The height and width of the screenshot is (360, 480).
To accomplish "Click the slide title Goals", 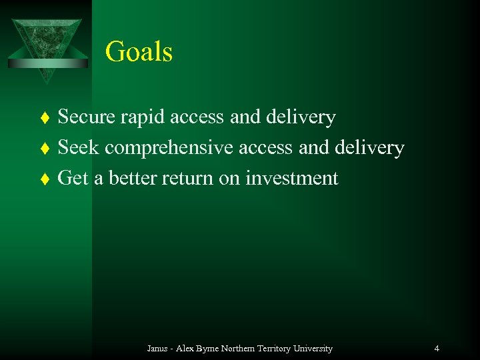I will coord(139,52).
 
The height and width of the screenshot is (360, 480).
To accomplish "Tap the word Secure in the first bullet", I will coord(87,117).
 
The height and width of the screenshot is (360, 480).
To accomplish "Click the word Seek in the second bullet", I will coord(78,147).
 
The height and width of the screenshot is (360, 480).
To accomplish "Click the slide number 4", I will coord(436,349).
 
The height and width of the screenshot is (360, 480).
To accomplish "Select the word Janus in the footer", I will coord(158,349).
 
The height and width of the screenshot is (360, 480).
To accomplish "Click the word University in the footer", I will coord(311,349).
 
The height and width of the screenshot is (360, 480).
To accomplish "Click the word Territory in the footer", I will coord(270,349).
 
